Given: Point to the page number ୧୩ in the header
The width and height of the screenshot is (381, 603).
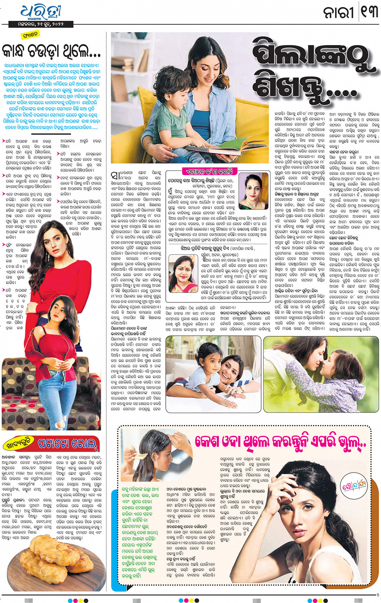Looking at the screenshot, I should coord(369,12).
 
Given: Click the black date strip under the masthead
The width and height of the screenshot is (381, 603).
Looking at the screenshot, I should coord(41,24).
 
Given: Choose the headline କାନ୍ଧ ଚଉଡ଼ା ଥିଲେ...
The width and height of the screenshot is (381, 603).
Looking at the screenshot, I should coord(51,51).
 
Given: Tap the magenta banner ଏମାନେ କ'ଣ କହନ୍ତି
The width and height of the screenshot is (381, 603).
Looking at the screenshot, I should coord(210,171).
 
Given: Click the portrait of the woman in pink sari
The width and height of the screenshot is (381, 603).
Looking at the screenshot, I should coord(183,274).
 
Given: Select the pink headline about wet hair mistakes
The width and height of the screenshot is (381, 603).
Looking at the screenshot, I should coord(280,442).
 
